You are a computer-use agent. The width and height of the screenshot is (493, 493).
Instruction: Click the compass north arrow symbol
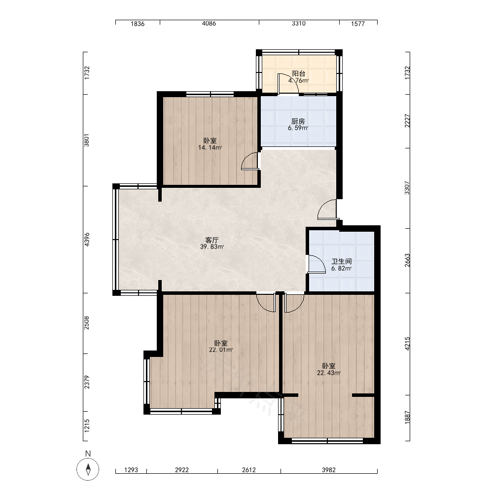(x=88, y=469)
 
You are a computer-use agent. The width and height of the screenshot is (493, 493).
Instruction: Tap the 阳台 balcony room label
(x=299, y=73)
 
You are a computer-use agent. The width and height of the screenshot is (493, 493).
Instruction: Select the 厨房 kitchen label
(x=298, y=121)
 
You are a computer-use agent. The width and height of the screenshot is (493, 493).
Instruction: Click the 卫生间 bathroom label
(x=342, y=261)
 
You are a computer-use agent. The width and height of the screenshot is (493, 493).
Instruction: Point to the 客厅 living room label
(x=212, y=240)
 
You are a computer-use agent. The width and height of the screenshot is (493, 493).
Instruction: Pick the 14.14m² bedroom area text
(x=210, y=147)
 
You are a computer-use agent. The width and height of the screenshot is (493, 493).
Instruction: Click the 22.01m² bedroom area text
(x=221, y=350)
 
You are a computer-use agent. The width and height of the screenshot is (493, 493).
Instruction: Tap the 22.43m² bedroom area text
(x=329, y=373)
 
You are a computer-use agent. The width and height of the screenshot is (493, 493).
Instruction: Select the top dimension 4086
(x=209, y=23)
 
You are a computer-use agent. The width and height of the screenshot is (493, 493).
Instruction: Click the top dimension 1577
(x=358, y=24)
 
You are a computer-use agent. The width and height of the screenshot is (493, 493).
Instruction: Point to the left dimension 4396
(x=87, y=239)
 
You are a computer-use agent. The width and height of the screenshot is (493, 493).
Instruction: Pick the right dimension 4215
(x=407, y=344)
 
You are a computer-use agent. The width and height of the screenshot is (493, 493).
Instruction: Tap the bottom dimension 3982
(x=329, y=470)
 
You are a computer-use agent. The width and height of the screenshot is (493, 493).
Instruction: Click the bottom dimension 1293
(x=131, y=470)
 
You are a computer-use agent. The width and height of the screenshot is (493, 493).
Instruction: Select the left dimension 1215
(x=87, y=425)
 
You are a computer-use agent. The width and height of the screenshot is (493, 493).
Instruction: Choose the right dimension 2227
(x=407, y=121)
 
